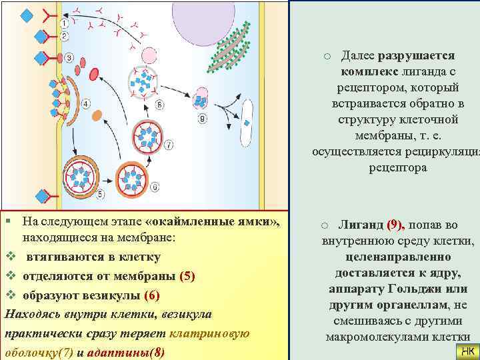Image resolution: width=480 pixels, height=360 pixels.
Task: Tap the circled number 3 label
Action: point(69,59)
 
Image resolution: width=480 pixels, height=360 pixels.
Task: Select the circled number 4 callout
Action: point(87,103)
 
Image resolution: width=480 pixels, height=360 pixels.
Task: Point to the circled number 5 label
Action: point(100,194)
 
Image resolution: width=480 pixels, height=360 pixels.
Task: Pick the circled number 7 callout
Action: point(169,144)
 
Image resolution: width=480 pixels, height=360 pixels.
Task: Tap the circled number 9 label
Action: point(201,119)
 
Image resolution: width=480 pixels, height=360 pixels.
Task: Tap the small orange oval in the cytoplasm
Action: point(97,115)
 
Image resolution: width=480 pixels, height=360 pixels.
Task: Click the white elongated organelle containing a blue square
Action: point(248,123)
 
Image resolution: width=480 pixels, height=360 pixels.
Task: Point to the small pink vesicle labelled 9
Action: point(201,100)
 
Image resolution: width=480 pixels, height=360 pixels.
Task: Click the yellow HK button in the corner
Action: point(467,351)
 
